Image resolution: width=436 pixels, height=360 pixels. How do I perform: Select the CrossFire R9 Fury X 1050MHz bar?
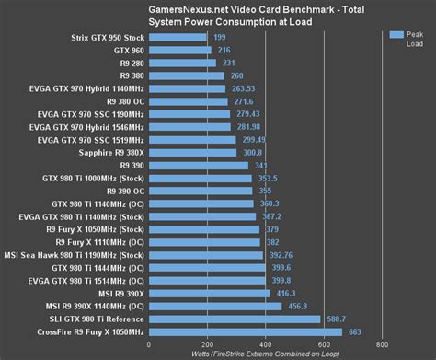245,331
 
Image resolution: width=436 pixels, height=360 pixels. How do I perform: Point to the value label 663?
356,331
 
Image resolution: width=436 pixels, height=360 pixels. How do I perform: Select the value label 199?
220,37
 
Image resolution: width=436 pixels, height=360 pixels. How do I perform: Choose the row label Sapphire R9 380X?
108,152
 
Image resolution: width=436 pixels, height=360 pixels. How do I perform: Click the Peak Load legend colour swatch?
396,34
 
